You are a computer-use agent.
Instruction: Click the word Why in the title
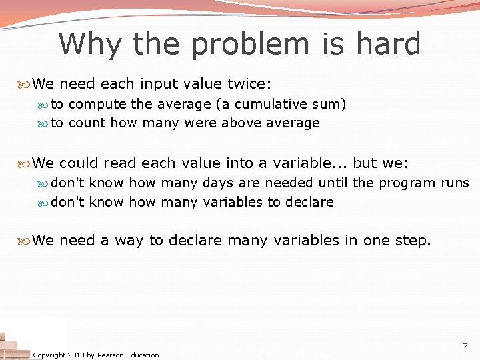90,45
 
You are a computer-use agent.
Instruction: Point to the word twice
248,84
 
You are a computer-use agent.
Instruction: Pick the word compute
98,105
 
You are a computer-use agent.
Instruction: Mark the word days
219,183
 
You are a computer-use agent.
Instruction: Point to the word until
333,183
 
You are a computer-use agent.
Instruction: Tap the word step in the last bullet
412,240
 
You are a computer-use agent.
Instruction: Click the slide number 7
465,347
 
